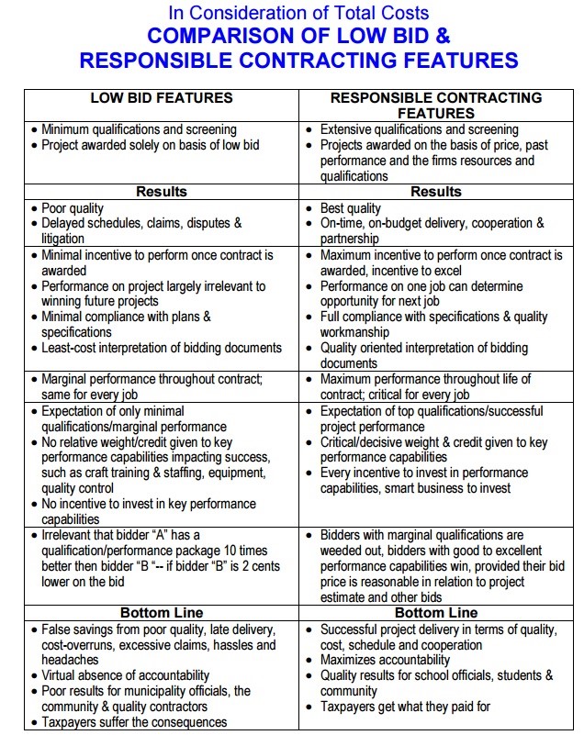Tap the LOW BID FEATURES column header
[x=162, y=97]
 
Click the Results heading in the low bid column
[x=162, y=192]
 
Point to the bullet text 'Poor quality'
[x=73, y=208]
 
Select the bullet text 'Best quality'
[x=351, y=208]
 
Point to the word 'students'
[x=504, y=675]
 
